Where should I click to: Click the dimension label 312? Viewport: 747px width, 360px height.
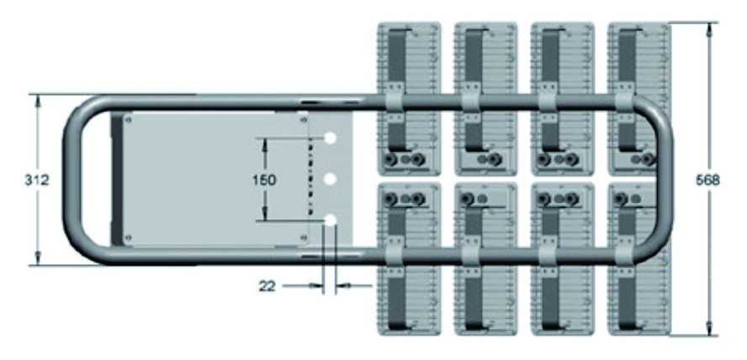click(x=37, y=181)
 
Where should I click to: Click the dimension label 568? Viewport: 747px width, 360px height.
click(x=708, y=181)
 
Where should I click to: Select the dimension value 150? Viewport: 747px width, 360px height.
click(x=264, y=181)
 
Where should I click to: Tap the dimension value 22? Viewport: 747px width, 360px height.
click(x=267, y=286)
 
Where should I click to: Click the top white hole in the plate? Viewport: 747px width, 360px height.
click(x=330, y=138)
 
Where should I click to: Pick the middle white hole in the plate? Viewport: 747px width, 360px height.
click(x=330, y=179)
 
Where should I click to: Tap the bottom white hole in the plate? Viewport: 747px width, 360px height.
click(x=330, y=220)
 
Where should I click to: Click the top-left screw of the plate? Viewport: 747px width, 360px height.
click(x=128, y=120)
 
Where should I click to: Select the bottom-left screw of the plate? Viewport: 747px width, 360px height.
click(x=128, y=236)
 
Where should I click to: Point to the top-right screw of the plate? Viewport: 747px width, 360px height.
click(x=304, y=120)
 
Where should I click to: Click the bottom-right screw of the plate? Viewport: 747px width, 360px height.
click(x=304, y=236)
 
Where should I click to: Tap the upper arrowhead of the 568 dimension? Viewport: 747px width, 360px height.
click(x=709, y=29)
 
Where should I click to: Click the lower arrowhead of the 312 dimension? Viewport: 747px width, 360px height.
click(x=38, y=258)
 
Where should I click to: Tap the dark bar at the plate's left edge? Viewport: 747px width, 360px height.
click(x=116, y=178)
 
